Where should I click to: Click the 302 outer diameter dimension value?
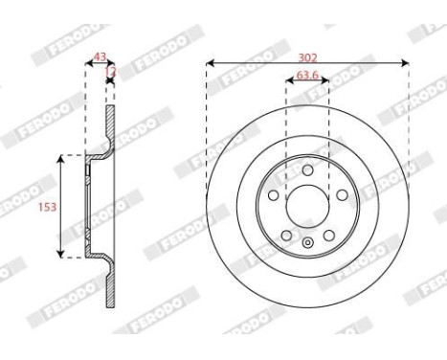pos(307,56)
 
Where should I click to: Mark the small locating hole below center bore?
pos(307,242)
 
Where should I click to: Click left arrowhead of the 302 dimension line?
pos(209,64)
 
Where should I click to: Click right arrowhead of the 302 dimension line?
pos(407,64)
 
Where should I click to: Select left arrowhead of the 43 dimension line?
pos(88,65)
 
